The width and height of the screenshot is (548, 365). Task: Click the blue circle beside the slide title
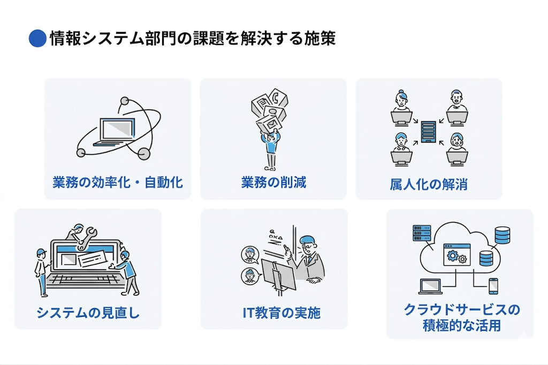[x=37, y=39]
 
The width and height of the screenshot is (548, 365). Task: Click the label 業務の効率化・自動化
[x=118, y=182]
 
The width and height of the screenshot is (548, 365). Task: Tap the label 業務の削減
[x=273, y=182]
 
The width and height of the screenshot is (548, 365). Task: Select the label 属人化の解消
[x=429, y=185]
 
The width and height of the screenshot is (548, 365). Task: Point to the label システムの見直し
[x=88, y=312]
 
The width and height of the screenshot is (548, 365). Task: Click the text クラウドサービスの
[x=462, y=310]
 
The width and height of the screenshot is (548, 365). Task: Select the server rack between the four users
[x=428, y=131]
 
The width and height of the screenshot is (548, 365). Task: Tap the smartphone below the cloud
[x=493, y=286]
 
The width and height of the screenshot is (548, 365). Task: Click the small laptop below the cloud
[x=430, y=287]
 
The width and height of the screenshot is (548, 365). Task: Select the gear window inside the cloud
[x=455, y=255]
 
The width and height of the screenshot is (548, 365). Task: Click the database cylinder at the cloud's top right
[x=502, y=235]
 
